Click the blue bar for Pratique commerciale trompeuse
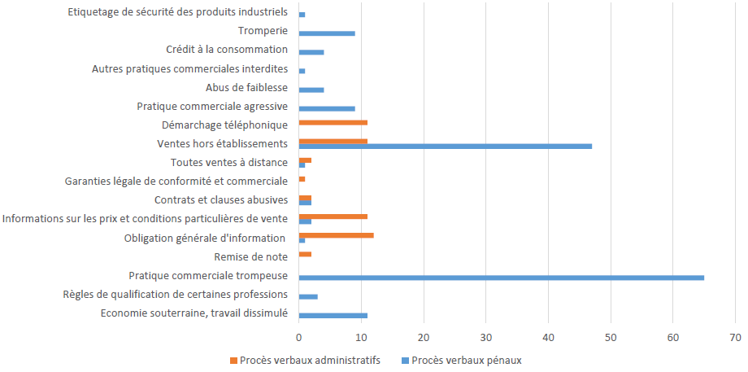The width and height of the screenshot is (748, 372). click(501, 278)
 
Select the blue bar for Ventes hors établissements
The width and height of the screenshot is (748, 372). click(445, 147)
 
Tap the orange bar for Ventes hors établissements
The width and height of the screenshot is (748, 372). click(333, 141)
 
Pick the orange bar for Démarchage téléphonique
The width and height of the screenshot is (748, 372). click(333, 122)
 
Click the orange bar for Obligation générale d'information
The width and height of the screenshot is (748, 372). click(336, 235)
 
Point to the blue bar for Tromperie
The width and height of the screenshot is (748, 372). click(327, 33)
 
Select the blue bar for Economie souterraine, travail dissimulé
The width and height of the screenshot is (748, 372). click(333, 315)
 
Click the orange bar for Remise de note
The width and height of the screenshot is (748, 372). click(305, 254)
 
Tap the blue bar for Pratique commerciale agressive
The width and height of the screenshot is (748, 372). click(327, 108)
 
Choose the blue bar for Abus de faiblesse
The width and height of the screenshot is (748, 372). click(311, 90)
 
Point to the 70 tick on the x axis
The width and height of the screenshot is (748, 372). click(735, 336)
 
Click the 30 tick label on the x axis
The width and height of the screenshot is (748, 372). click(486, 336)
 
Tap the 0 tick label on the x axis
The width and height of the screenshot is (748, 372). click(299, 336)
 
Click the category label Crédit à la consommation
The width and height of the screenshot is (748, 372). click(227, 50)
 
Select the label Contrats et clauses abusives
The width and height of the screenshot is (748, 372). click(221, 199)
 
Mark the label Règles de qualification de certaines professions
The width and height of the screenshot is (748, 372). click(176, 294)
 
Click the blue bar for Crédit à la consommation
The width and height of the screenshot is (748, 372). click(311, 52)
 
